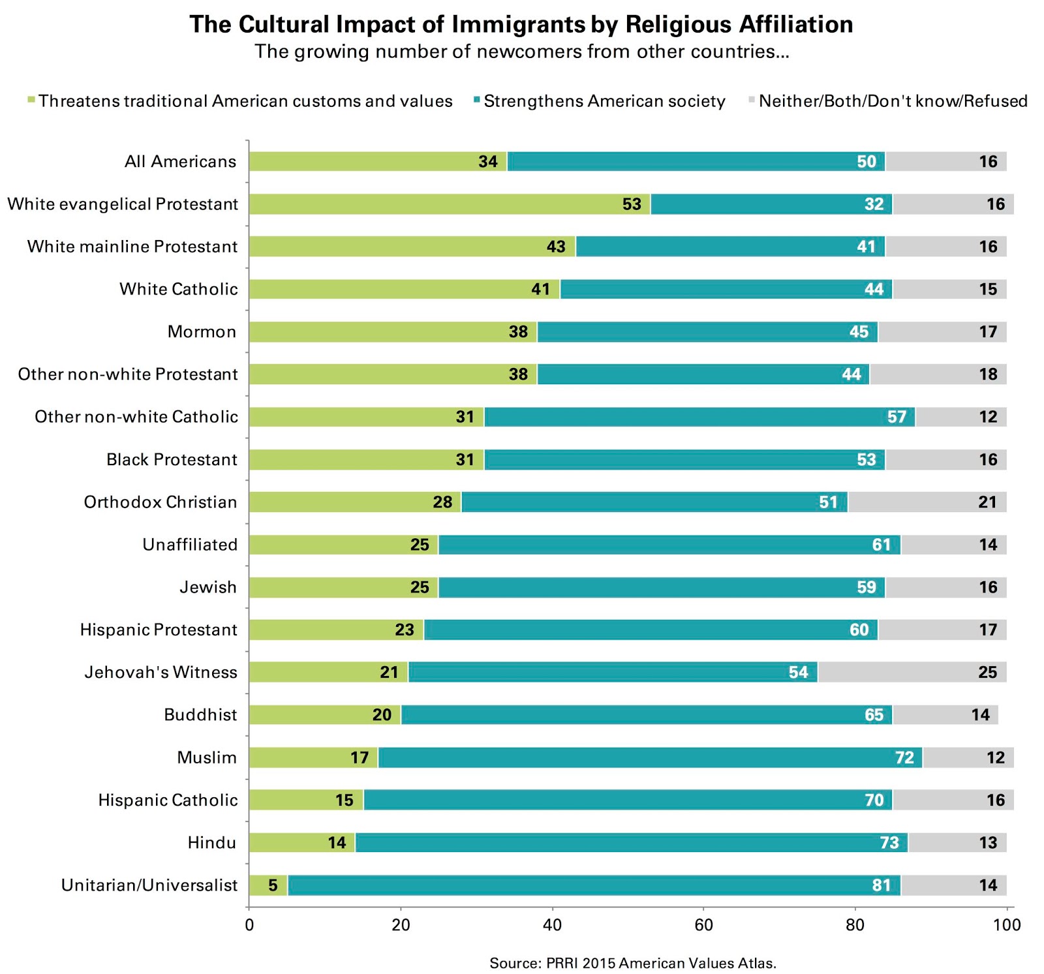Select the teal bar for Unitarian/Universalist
[594, 885]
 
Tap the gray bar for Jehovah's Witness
[912, 672]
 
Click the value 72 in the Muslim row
[904, 757]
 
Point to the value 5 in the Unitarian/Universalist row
[273, 885]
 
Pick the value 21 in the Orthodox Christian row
[987, 502]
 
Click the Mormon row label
[202, 331]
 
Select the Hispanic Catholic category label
[168, 800]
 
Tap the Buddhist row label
[200, 714]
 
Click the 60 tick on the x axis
[703, 924]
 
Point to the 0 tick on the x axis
[249, 924]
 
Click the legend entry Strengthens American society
[604, 101]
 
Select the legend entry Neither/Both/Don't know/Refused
[893, 101]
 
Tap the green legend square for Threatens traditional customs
[31, 100]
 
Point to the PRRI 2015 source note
[632, 963]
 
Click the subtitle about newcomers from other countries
[521, 52]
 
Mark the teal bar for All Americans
[696, 161]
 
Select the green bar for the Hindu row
[301, 842]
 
